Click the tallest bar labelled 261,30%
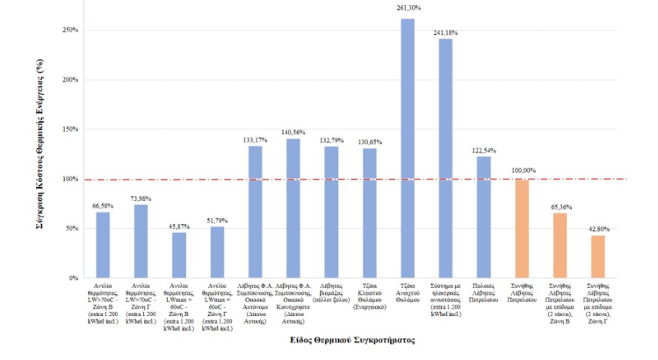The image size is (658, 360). (408, 148)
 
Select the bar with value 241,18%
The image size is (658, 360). (445, 158)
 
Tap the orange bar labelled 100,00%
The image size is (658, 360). (522, 228)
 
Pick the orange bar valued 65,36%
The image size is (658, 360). (560, 245)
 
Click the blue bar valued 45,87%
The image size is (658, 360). (179, 255)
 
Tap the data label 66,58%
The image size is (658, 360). (103, 205)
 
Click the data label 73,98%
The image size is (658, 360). (141, 198)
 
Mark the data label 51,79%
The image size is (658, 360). (217, 220)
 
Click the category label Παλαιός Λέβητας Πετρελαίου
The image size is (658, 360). (484, 291)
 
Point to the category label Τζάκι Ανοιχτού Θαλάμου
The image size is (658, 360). (408, 291)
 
